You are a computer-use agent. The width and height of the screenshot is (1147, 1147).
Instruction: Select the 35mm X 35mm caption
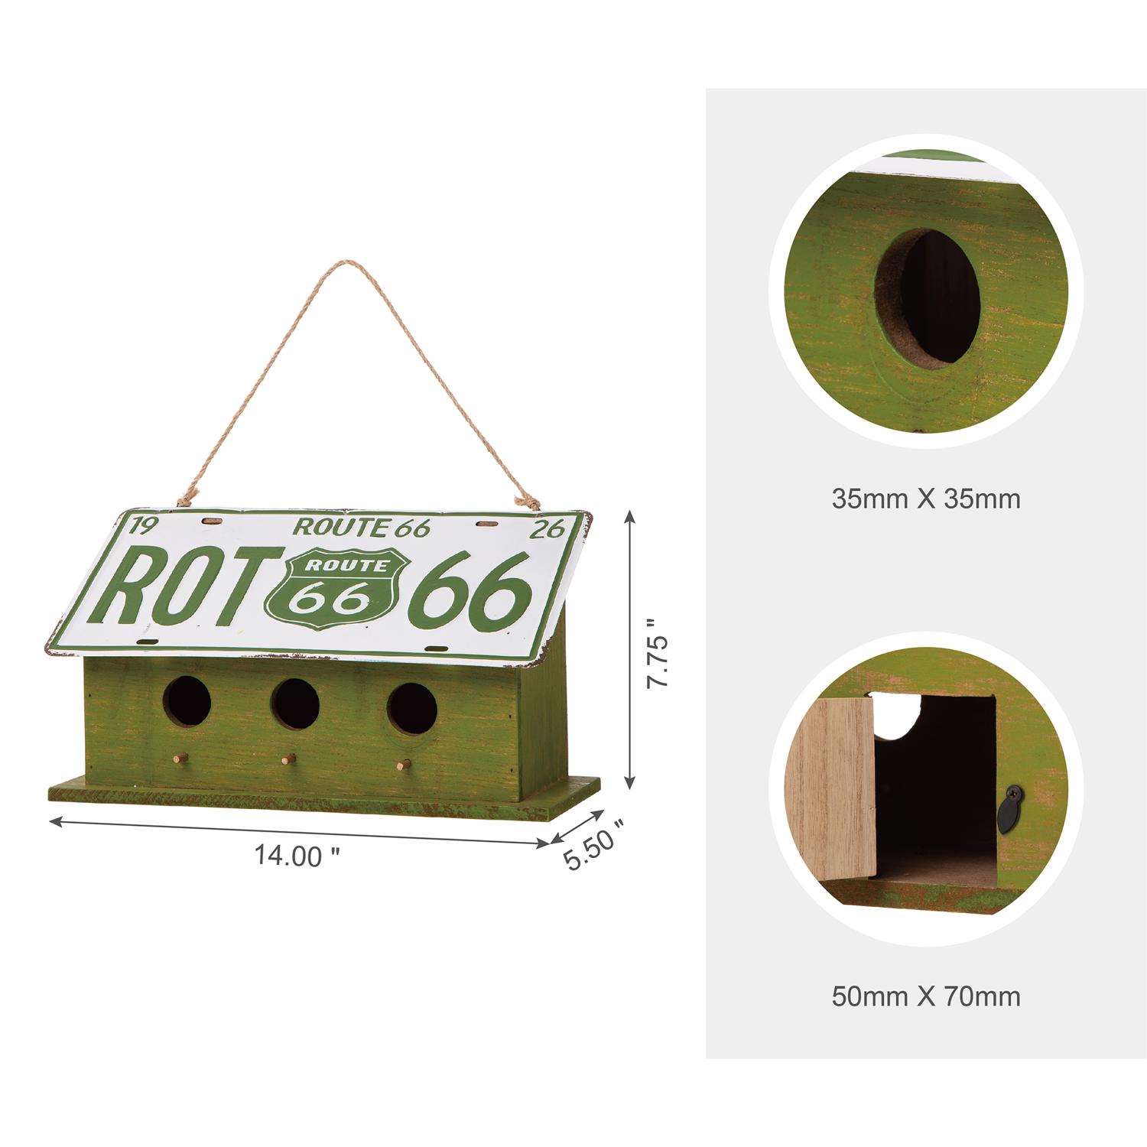point(925,499)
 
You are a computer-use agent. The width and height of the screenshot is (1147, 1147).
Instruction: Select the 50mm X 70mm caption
point(925,996)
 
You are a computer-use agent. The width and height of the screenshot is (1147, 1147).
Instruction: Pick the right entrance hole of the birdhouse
point(411,707)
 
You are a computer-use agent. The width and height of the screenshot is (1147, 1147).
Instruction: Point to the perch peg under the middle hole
point(288,760)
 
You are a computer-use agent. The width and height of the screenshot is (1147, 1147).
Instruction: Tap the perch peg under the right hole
point(406,764)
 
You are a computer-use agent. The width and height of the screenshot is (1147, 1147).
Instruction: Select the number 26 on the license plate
point(550,528)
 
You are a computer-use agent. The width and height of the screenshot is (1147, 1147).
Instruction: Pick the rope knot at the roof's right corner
point(526,501)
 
